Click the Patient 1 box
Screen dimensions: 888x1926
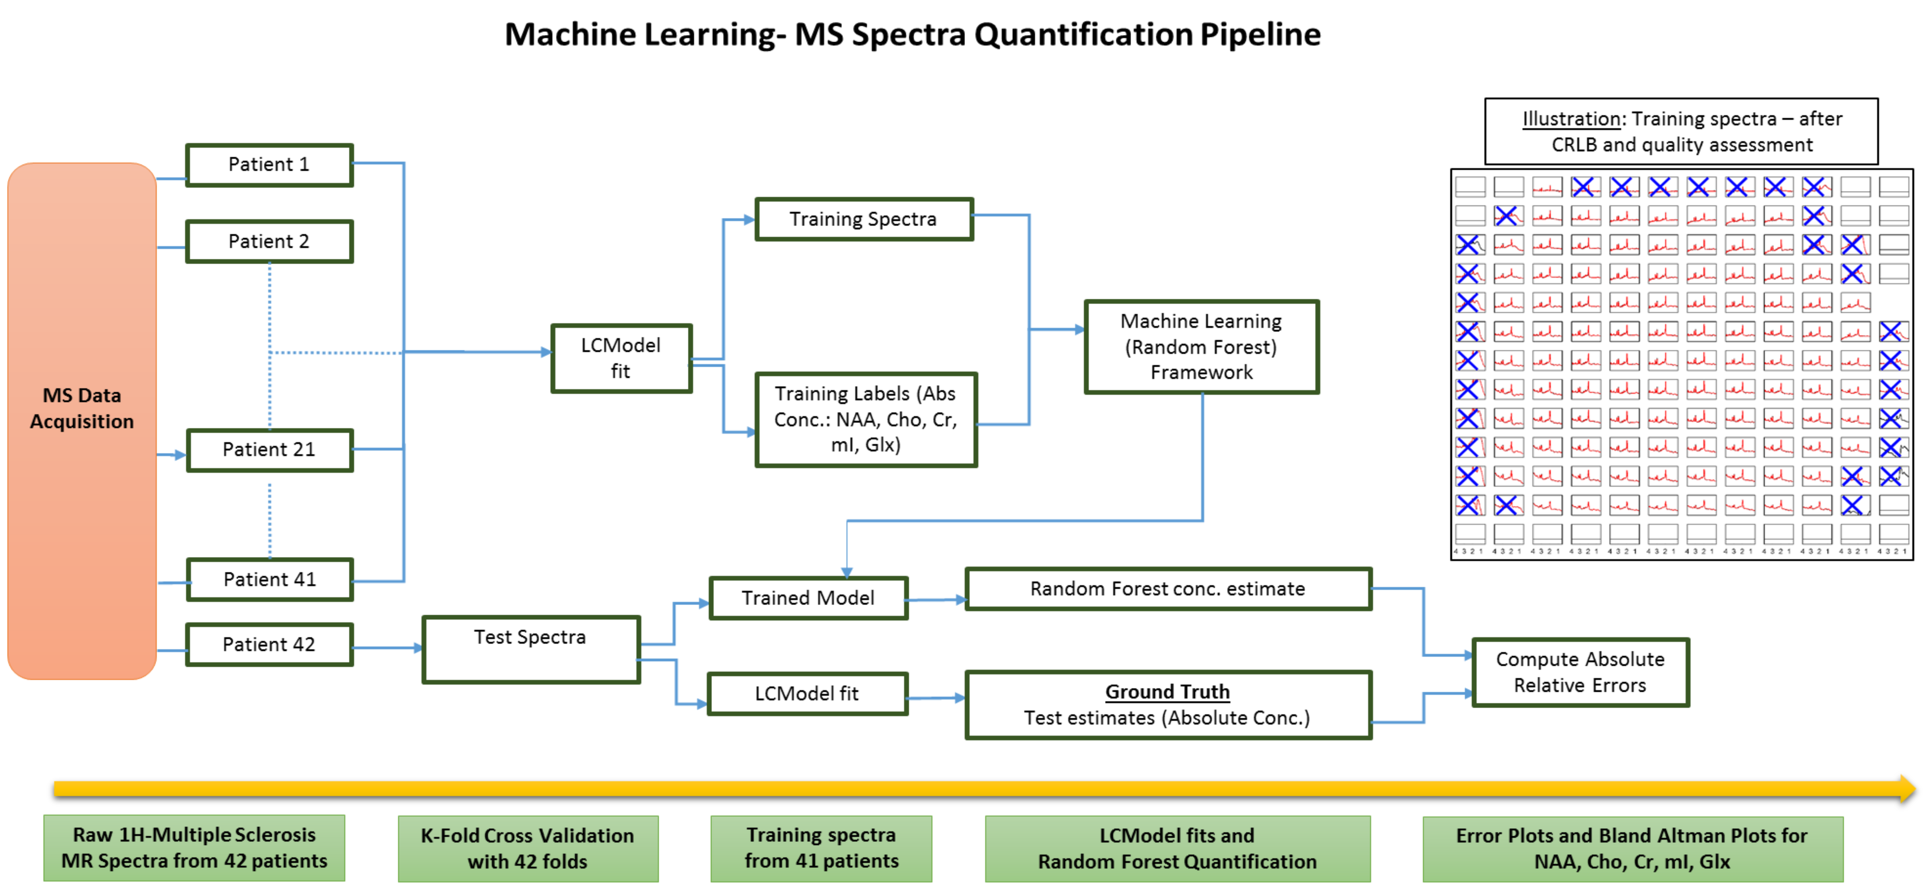tap(269, 164)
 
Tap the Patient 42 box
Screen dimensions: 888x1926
tap(269, 644)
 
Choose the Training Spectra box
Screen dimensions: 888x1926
tap(864, 219)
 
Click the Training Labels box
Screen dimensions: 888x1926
tap(866, 419)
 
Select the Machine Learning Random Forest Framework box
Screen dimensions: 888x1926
tap(1202, 347)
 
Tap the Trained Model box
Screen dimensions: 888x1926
tap(808, 598)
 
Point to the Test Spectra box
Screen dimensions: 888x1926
tap(531, 649)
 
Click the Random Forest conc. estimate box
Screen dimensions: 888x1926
tap(1168, 589)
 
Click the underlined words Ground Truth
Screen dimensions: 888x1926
tap(1167, 692)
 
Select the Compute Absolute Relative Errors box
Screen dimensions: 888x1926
tap(1580, 672)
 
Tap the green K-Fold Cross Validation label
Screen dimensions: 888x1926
tap(528, 848)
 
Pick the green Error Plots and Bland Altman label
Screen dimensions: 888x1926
tap(1632, 848)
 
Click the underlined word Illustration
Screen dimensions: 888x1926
tap(1571, 119)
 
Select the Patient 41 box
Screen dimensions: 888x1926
tap(269, 579)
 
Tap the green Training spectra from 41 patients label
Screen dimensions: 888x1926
tap(821, 848)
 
